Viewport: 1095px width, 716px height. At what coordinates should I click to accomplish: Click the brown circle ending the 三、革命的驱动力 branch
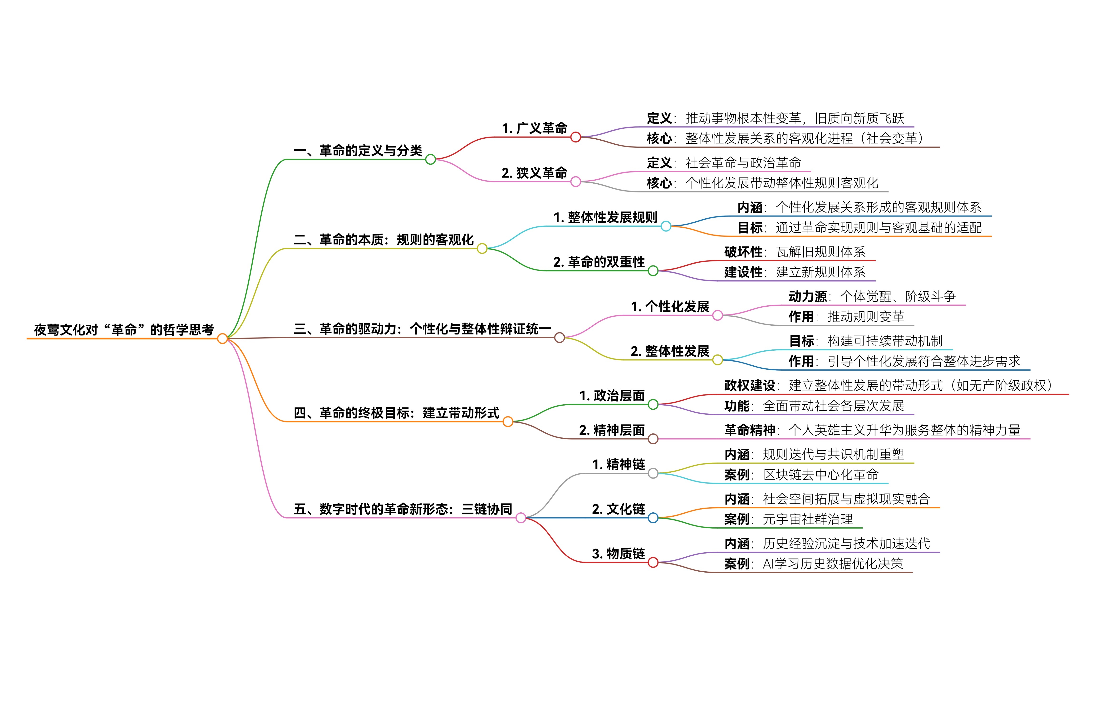pyautogui.click(x=560, y=338)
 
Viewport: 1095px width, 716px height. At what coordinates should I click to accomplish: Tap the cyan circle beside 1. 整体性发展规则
pyautogui.click(x=666, y=226)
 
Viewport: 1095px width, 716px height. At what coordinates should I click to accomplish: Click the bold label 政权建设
pyautogui.click(x=750, y=386)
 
